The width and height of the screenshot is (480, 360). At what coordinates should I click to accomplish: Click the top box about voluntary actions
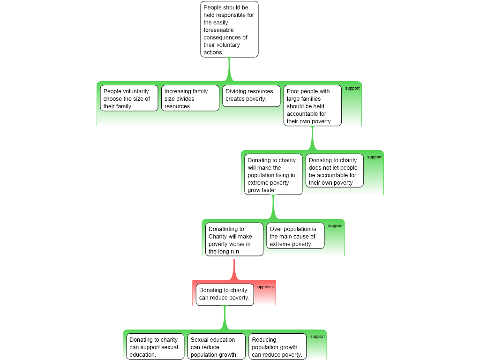pos(229,30)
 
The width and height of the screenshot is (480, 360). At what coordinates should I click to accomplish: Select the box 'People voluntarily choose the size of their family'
pos(129,98)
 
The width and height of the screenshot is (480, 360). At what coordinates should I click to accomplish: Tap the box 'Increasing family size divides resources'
pos(190,98)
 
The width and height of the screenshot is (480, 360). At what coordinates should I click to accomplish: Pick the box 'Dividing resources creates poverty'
pos(251,96)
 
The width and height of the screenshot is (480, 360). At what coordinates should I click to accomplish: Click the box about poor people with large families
pos(312,106)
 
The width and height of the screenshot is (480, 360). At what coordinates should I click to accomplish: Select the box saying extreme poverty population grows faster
pos(273,175)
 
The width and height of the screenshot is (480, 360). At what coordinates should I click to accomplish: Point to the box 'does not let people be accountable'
pos(334,171)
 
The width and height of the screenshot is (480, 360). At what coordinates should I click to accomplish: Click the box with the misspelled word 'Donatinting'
pos(234,240)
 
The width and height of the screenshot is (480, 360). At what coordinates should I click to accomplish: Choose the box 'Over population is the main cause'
pos(295,236)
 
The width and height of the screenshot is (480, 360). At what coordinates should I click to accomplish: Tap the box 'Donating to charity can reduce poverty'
pos(225,294)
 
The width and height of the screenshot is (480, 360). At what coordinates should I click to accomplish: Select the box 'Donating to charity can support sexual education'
pos(155,347)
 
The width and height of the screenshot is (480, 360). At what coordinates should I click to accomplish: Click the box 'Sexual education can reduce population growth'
pos(216,347)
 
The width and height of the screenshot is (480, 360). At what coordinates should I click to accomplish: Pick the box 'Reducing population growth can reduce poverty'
pos(277,347)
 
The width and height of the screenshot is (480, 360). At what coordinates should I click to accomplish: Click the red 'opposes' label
pos(265,287)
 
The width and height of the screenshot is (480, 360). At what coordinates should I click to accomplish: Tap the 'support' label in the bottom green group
pos(317,337)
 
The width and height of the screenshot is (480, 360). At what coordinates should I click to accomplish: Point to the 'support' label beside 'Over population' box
pos(335,226)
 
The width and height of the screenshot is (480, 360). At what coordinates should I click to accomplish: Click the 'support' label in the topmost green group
pos(352,88)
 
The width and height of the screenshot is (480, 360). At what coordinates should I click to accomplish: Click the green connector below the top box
pos(229,69)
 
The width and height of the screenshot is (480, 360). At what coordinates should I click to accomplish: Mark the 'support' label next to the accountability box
pos(374,157)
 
